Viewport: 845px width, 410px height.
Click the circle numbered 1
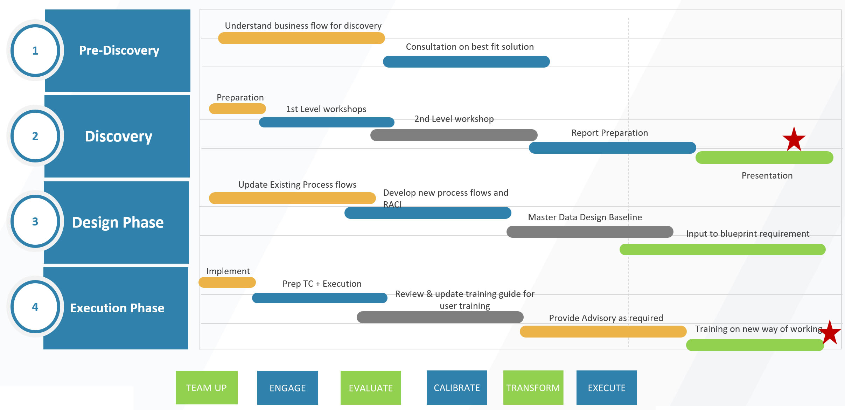pos(35,50)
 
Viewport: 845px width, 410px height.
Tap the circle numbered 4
pos(35,307)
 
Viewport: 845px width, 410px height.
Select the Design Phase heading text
pos(118,222)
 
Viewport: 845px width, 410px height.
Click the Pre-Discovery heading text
pos(119,50)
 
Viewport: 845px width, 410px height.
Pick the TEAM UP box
pos(207,388)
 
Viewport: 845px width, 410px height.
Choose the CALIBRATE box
pos(457,388)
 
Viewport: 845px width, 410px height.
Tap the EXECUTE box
pos(607,388)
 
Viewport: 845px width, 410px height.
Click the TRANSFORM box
pos(533,388)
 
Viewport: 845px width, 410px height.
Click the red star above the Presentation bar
pos(794,140)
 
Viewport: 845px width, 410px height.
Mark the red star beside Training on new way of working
pos(830,333)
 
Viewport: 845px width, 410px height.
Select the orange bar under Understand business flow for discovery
pos(301,38)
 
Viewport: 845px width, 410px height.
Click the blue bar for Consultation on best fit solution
pos(466,62)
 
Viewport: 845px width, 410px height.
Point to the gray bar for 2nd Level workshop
pos(454,135)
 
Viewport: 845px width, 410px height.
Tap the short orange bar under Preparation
pos(237,109)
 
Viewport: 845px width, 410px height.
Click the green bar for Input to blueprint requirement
pos(722,249)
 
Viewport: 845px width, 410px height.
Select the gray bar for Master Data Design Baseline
pos(590,232)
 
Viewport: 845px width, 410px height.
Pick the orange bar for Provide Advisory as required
pos(603,332)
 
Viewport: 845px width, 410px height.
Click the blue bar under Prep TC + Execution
pos(320,298)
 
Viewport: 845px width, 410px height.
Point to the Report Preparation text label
pos(609,133)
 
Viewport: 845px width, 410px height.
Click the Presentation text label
pos(767,175)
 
